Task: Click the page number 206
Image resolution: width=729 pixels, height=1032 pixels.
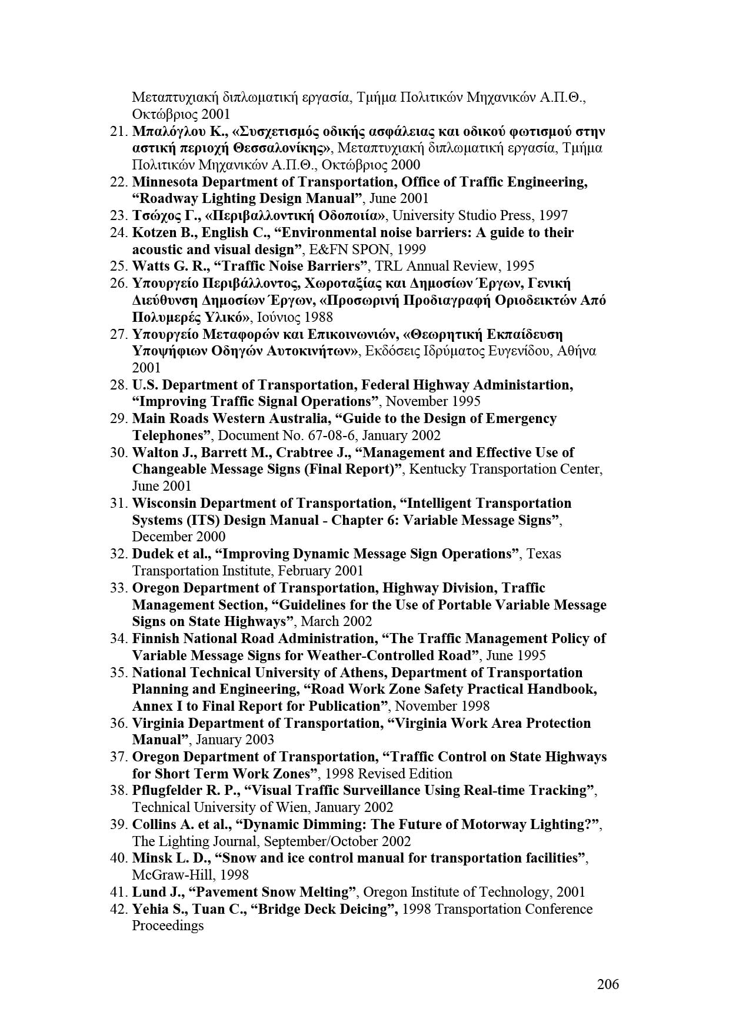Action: click(608, 984)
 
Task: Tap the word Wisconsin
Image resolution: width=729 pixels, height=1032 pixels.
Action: click(165, 503)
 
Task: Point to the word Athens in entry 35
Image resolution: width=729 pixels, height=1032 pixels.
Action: click(365, 673)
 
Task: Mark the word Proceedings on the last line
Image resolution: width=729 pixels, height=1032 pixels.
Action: click(168, 926)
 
